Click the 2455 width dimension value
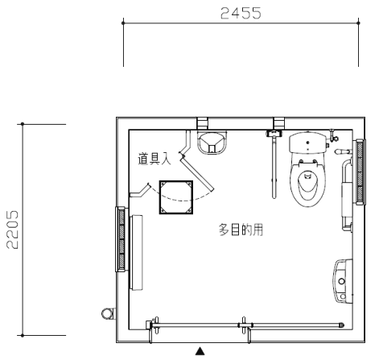241,13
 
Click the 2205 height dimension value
13,230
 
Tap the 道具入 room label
154,159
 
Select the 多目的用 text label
241,230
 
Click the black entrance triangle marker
200,351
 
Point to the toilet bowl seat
308,183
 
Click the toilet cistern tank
308,143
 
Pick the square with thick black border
176,197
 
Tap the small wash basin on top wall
212,143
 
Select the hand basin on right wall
343,281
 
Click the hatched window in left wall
121,239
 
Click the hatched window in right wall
360,172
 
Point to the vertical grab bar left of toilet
274,167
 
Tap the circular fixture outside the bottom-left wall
108,313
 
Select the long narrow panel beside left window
136,252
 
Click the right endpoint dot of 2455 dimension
359,23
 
